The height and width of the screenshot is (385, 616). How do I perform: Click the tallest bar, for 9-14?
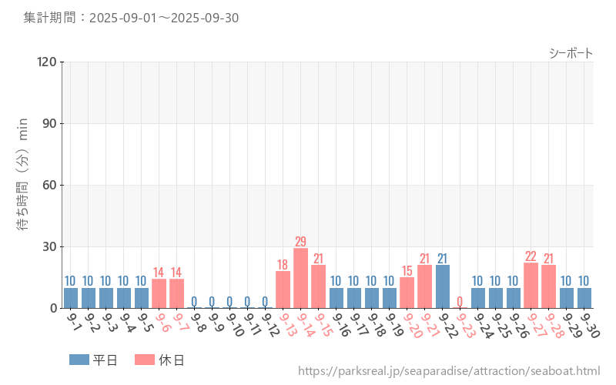(x=300, y=278)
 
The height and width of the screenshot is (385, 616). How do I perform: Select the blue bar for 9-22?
(x=442, y=286)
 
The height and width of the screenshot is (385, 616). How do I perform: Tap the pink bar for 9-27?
(x=531, y=286)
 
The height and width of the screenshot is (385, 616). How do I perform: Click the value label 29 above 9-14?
(x=300, y=241)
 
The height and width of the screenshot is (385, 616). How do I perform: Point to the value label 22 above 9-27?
(x=531, y=256)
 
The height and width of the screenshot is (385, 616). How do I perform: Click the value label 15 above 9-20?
(x=407, y=271)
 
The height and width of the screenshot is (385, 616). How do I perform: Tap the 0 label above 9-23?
(x=460, y=301)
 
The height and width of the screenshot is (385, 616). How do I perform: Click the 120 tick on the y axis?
(x=47, y=62)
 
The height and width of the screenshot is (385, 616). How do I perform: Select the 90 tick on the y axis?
(x=50, y=123)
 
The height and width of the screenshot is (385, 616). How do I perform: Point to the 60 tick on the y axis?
(x=50, y=185)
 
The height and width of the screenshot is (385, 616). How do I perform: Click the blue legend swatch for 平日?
(x=79, y=360)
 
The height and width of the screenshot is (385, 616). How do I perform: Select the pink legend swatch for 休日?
(x=144, y=360)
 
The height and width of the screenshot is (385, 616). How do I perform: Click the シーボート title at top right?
(x=571, y=53)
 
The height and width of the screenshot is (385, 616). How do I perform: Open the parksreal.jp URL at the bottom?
(x=448, y=372)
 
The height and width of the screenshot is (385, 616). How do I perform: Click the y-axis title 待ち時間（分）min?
(x=23, y=185)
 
